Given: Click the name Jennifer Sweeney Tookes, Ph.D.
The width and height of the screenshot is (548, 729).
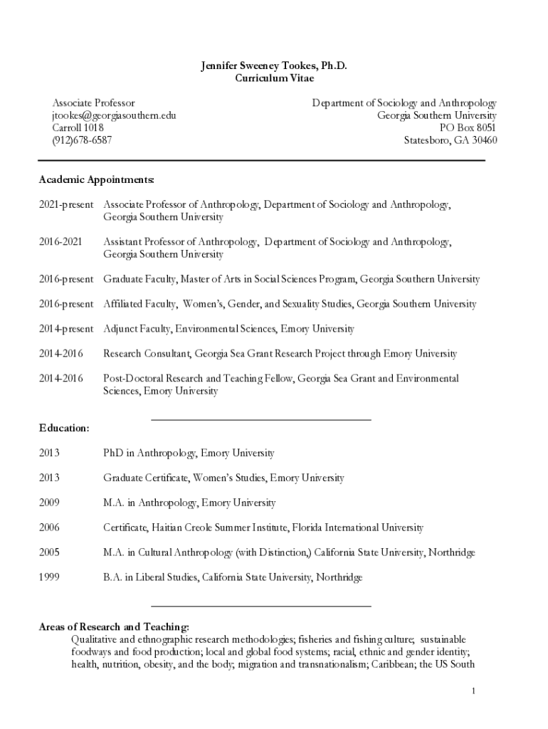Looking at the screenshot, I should point(273,65).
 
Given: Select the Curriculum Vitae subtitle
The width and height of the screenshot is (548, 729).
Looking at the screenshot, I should point(273,78).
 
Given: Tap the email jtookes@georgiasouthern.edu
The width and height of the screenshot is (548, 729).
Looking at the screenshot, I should point(113,115).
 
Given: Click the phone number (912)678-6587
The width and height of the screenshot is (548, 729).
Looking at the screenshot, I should point(82,140).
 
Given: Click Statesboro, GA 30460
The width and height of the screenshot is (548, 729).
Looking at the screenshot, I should point(450,140).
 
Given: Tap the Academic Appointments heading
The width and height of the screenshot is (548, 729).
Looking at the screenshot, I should point(96,178).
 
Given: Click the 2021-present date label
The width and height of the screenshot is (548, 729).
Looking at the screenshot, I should point(66,204).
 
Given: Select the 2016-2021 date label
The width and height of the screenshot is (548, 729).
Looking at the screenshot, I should point(60,242).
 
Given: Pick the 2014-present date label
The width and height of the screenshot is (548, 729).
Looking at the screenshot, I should point(66,329).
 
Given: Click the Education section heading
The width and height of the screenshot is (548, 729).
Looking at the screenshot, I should point(64,428).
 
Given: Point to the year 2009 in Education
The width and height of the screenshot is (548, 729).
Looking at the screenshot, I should point(49,503).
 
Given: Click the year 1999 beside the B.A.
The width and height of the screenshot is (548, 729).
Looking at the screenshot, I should point(49,577).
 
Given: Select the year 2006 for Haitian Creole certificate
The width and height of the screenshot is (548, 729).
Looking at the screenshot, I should point(49,528).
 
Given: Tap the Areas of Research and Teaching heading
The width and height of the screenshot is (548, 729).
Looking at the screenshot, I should point(114,626).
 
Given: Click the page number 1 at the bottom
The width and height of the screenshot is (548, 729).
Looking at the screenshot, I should point(473,691).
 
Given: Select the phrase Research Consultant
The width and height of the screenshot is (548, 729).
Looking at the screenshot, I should point(146,354).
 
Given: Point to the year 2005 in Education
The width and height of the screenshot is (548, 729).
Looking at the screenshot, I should point(49,552).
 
